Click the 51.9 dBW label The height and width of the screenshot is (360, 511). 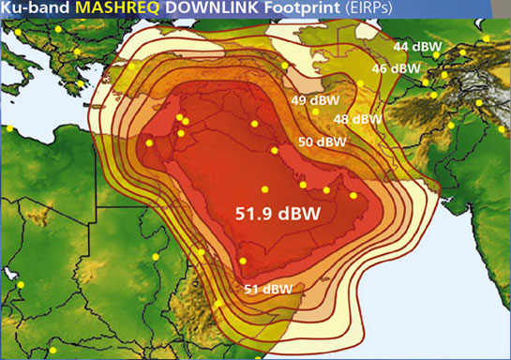tap(277, 214)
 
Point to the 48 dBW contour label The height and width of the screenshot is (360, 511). tap(357, 119)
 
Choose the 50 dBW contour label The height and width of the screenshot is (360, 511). tap(323, 142)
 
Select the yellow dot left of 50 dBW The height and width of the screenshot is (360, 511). tap(275, 149)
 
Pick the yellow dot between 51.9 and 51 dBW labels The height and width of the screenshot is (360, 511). tap(243, 261)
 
